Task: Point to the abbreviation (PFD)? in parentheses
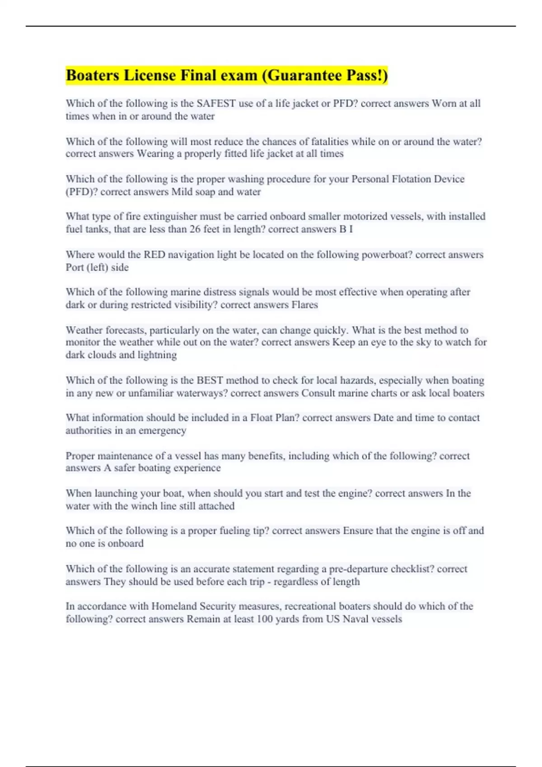click(82, 192)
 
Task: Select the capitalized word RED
click(154, 254)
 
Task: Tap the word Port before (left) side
click(75, 267)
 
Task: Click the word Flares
click(304, 305)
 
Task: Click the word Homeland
click(174, 606)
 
